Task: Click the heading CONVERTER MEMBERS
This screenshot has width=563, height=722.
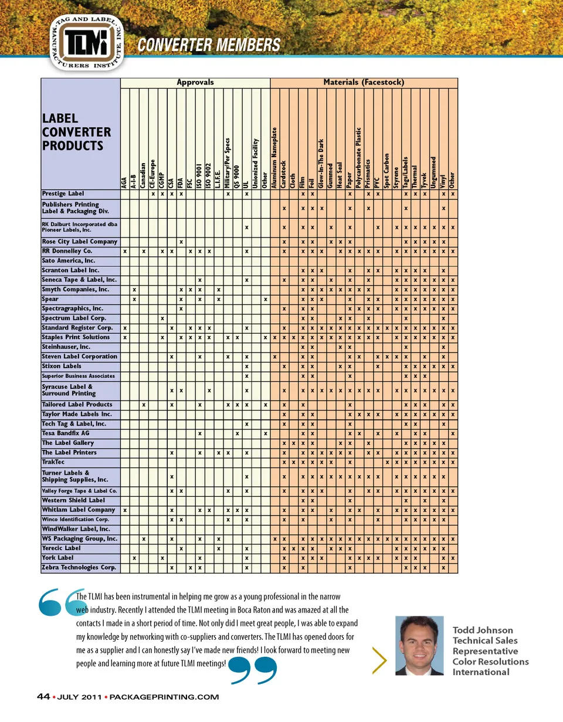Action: pos(209,45)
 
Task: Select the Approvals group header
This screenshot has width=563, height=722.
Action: pos(195,83)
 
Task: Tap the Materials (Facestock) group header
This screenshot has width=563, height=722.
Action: pos(364,83)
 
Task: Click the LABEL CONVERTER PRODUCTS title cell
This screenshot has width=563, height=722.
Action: pos(73,132)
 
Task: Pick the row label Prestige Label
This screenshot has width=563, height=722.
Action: pos(63,194)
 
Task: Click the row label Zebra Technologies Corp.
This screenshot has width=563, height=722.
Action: pos(79,568)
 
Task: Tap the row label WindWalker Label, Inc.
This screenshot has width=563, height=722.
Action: pos(77,529)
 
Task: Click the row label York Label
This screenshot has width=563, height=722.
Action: pos(58,558)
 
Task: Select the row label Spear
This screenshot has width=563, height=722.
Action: pos(50,299)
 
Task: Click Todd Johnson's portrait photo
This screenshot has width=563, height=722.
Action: pos(419,645)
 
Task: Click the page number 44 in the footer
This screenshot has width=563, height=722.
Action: pos(43,697)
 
